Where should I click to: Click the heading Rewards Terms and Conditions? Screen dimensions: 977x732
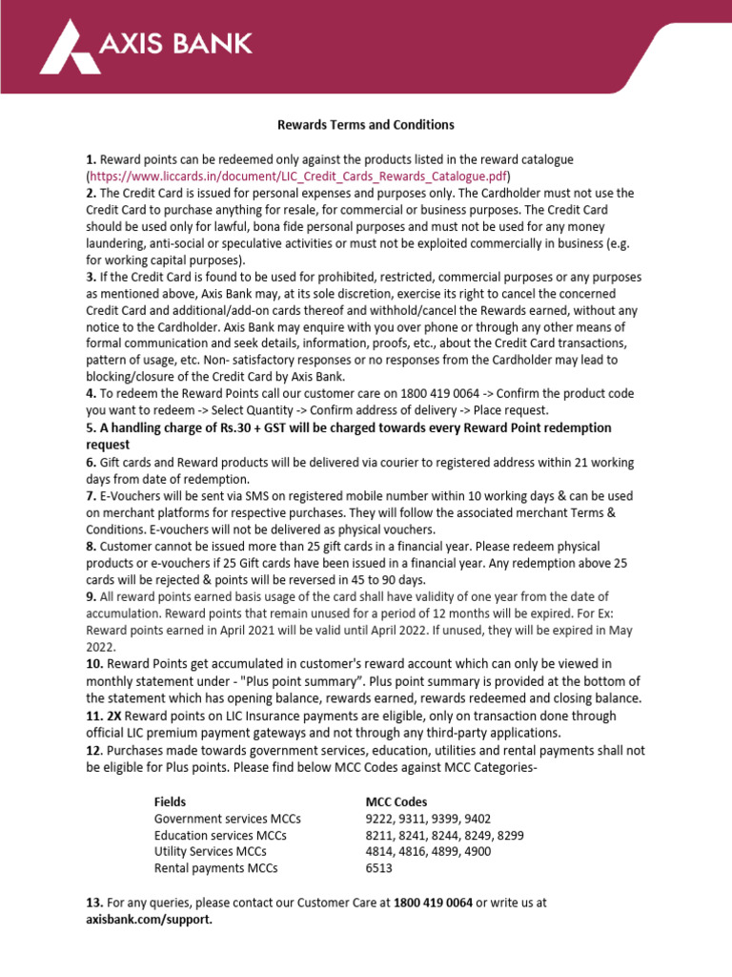[x=365, y=125]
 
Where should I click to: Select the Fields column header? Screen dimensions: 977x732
[x=171, y=801]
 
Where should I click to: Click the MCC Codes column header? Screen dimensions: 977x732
[x=396, y=801]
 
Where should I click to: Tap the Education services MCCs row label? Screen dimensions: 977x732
[x=220, y=835]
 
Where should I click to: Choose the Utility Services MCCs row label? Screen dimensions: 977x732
[x=211, y=851]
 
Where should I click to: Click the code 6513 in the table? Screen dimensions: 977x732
[x=379, y=868]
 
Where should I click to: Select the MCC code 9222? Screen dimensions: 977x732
[x=380, y=819]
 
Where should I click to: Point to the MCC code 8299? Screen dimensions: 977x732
[x=510, y=835]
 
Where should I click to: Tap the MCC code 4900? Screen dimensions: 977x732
[x=476, y=851]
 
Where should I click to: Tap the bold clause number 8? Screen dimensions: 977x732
[x=91, y=546]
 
